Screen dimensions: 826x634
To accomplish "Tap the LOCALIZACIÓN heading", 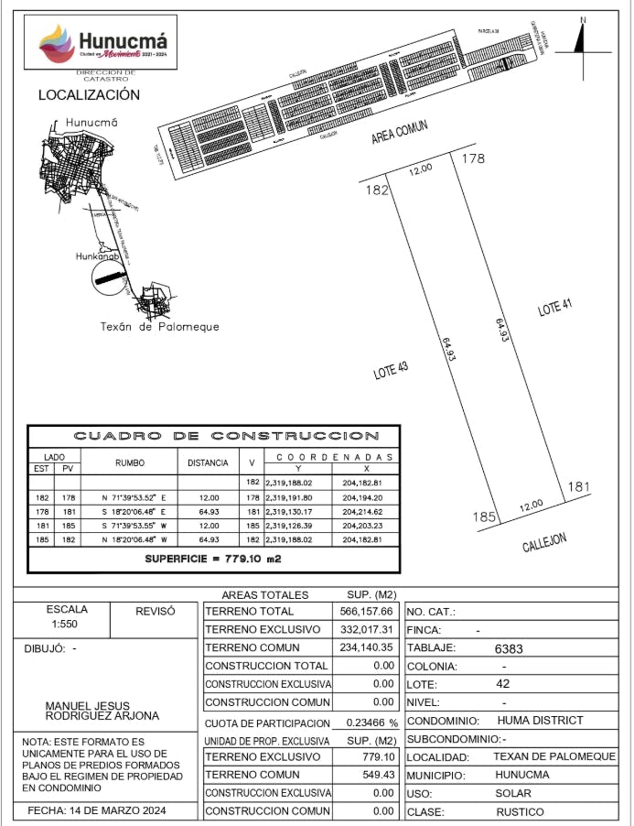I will [89, 95].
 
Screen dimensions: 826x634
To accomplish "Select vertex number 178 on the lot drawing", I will [472, 159].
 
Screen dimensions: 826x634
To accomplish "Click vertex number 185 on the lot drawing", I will [484, 517].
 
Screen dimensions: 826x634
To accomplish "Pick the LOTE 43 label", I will [390, 371].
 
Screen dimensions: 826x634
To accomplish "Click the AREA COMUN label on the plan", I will [400, 134].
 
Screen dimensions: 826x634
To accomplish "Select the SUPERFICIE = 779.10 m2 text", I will [215, 558].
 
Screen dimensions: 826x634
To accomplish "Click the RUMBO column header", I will [130, 463].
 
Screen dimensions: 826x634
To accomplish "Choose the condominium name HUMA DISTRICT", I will [540, 721].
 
